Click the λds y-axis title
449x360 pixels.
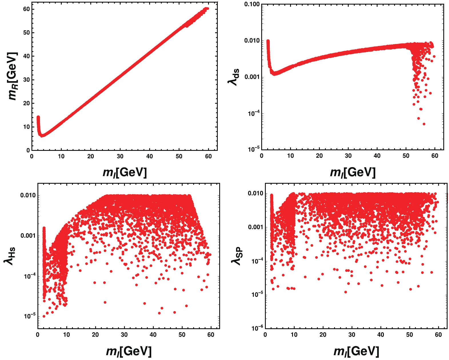[234, 77]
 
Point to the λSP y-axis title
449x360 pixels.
[237, 256]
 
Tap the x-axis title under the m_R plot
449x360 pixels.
[125, 172]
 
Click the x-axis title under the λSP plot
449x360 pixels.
[356, 351]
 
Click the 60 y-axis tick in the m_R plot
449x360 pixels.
[26, 9]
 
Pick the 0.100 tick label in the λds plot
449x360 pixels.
[252, 4]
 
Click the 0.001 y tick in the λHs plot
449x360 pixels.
[28, 236]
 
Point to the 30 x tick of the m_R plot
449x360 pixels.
[120, 156]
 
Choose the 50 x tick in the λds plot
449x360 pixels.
[406, 156]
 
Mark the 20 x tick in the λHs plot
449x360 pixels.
[95, 335]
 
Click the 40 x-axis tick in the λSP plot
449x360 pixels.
[381, 335]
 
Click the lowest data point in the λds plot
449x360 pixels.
[424, 124]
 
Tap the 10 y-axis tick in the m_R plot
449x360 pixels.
[26, 127]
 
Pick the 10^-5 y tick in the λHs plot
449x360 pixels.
[30, 316]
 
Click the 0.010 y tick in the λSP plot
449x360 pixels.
[255, 193]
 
